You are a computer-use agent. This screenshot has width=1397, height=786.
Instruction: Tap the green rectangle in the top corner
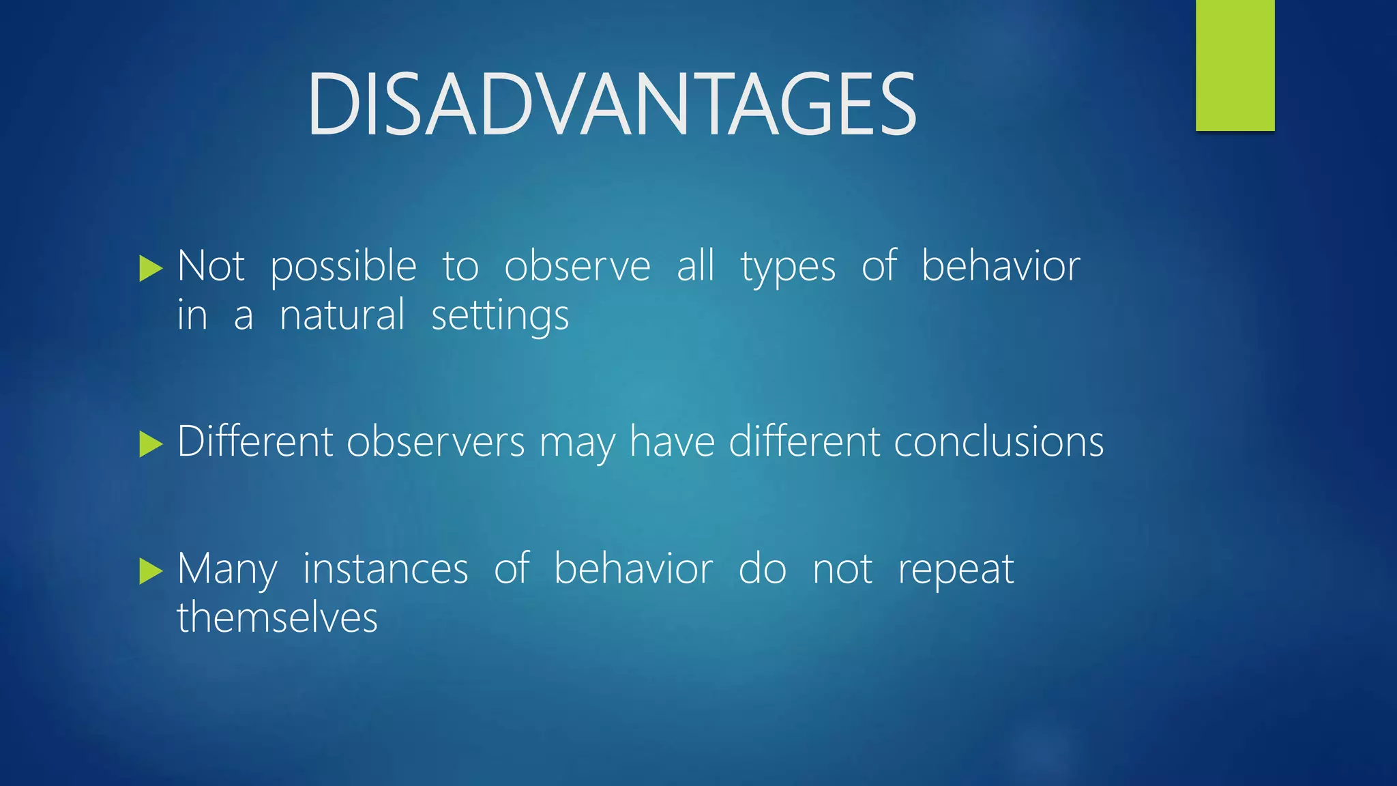tap(1235, 65)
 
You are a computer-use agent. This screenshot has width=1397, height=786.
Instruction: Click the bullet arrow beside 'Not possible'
tap(150, 269)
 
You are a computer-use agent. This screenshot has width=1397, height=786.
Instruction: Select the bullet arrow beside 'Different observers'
tap(150, 444)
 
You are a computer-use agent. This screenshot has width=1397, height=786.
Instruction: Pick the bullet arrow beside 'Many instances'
tap(150, 571)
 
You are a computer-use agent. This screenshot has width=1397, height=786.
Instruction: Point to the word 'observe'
tap(577, 266)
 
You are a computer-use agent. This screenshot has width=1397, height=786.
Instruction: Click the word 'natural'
tap(342, 316)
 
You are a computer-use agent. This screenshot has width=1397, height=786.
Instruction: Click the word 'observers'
tap(435, 442)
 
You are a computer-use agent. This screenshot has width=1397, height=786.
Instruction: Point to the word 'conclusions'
tap(999, 442)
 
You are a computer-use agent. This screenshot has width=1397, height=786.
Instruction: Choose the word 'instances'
tap(385, 569)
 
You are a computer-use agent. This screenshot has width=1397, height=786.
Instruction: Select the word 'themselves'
tap(277, 618)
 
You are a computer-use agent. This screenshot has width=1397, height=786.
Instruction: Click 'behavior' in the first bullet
tap(1001, 266)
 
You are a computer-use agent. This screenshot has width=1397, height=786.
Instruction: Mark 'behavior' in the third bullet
tap(633, 569)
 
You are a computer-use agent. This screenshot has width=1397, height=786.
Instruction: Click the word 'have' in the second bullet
tap(672, 442)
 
